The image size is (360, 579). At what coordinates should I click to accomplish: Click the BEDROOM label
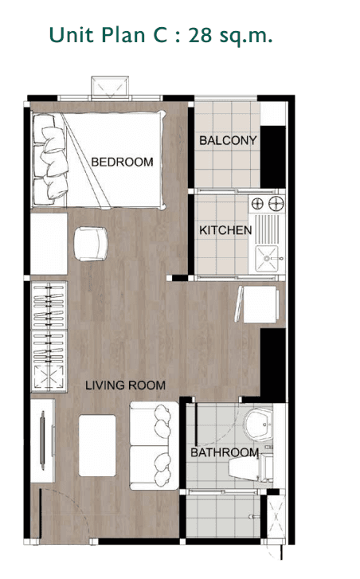point(122,162)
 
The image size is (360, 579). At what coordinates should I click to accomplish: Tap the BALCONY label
point(228,141)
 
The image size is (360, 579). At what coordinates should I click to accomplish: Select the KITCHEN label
point(225,230)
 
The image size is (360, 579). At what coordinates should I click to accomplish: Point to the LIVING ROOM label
point(126,385)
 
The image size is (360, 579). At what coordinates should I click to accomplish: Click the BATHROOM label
point(224,452)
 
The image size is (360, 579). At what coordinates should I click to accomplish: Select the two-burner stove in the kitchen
point(267,205)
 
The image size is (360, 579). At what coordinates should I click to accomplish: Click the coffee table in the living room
point(99,444)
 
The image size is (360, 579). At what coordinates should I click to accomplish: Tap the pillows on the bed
point(49,155)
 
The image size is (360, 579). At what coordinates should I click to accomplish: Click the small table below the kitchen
point(259,306)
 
